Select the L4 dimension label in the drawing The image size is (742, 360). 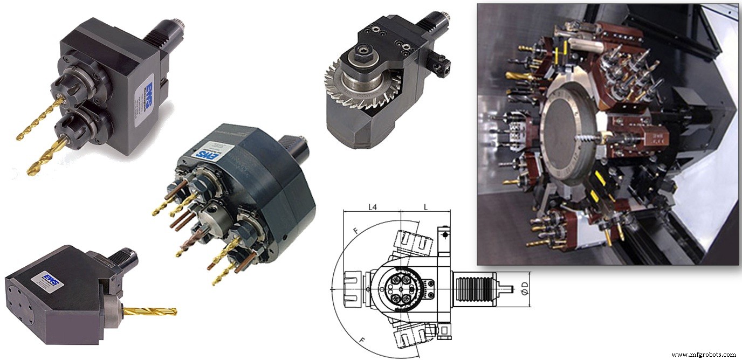pyautogui.click(x=373, y=207)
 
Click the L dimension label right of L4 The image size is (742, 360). pyautogui.click(x=426, y=207)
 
